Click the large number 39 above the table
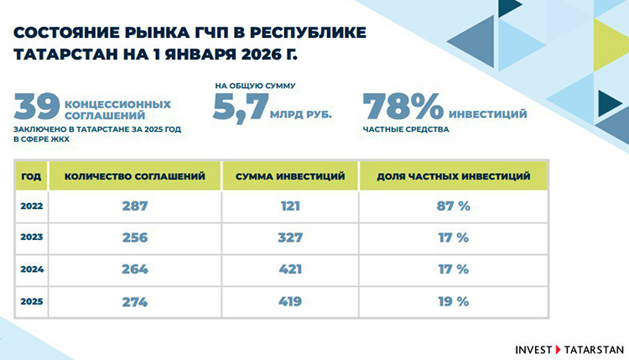[x=36, y=107]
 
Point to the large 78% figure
[x=402, y=109]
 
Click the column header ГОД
[x=30, y=176]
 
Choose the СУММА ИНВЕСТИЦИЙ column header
[x=290, y=176]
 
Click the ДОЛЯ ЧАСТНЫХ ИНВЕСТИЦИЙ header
[x=453, y=176]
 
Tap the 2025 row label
[x=30, y=300]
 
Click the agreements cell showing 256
[x=134, y=237]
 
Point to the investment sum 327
[x=290, y=237]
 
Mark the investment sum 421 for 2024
[x=290, y=269]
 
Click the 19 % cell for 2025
[x=453, y=300]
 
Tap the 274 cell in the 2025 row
[x=134, y=300]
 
